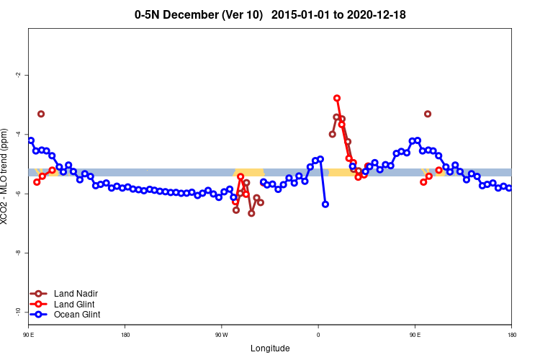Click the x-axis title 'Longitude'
(270, 348)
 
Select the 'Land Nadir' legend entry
(76, 294)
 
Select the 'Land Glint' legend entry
(75, 304)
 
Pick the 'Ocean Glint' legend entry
(77, 315)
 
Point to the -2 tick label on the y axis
(17, 75)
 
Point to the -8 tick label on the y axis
(17, 253)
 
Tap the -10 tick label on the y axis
(17, 312)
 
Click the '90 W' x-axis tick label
(221, 335)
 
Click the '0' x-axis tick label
(318, 335)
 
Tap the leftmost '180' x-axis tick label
(125, 335)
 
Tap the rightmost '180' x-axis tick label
(511, 335)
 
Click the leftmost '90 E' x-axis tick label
(29, 335)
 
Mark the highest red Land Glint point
(337, 98)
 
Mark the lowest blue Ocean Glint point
(325, 204)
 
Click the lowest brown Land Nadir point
(251, 213)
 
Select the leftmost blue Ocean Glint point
(30, 140)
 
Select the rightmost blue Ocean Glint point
(509, 188)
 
